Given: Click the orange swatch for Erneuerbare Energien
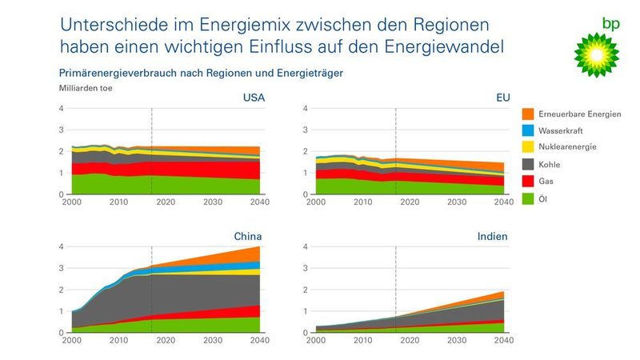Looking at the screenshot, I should click(x=528, y=114).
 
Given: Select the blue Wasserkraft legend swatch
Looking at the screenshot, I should click(x=528, y=131).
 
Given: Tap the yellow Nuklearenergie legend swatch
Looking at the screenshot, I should click(x=528, y=147).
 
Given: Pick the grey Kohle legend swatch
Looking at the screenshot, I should click(x=528, y=164).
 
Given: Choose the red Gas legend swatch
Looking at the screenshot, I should click(x=528, y=181).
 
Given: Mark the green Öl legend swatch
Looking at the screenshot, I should click(x=528, y=198).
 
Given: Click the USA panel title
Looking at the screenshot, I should click(x=254, y=98).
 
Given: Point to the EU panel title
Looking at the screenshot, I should click(x=502, y=98).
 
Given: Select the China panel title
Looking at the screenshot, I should click(x=248, y=237).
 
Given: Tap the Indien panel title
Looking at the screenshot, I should click(x=493, y=237).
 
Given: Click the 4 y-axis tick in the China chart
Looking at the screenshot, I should click(x=62, y=246).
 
